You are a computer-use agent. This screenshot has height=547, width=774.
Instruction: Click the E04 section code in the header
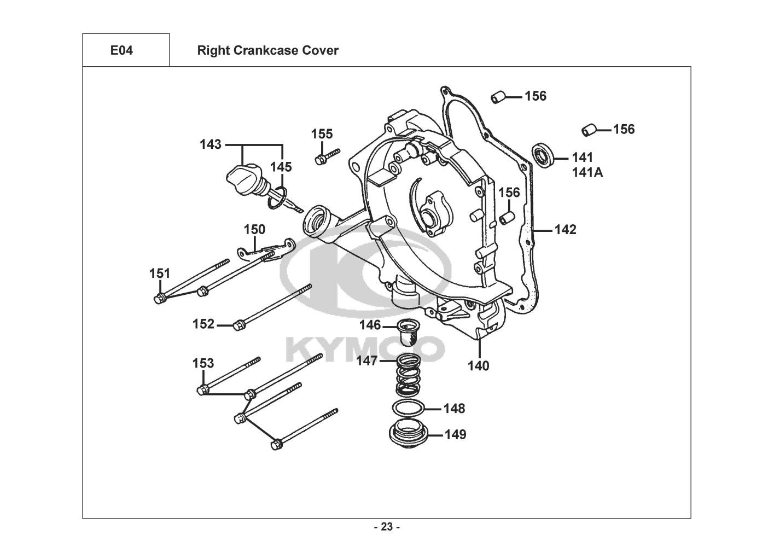(x=121, y=50)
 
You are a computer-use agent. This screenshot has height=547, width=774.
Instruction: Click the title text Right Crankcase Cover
(x=267, y=50)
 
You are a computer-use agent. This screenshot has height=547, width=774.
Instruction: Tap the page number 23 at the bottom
(x=386, y=527)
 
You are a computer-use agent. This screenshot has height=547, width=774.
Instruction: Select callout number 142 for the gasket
(x=565, y=230)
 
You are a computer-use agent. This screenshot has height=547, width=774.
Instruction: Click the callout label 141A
(x=587, y=172)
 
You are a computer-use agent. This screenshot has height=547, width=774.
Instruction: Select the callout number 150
(x=254, y=230)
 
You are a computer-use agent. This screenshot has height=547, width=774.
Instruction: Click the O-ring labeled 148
(x=408, y=409)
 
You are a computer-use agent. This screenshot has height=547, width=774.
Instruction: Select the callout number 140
(x=478, y=365)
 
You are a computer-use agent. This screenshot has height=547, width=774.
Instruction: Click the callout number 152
(x=203, y=324)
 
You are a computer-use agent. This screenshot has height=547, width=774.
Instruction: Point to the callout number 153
(x=203, y=363)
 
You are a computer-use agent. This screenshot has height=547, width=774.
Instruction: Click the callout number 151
(x=160, y=273)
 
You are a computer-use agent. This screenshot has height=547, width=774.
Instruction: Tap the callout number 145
(x=282, y=167)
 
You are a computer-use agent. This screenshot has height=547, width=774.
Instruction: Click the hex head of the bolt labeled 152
(x=238, y=325)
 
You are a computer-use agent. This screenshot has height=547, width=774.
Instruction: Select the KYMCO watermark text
(x=362, y=347)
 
